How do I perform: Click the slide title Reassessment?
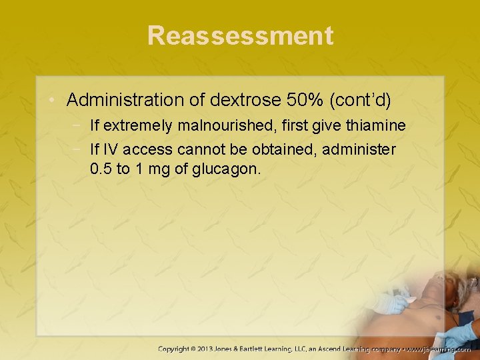coord(240,35)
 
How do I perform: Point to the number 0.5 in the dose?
coord(101,169)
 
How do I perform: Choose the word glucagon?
coord(225,169)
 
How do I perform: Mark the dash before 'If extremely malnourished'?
coord(79,126)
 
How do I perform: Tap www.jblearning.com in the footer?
coord(439,349)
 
